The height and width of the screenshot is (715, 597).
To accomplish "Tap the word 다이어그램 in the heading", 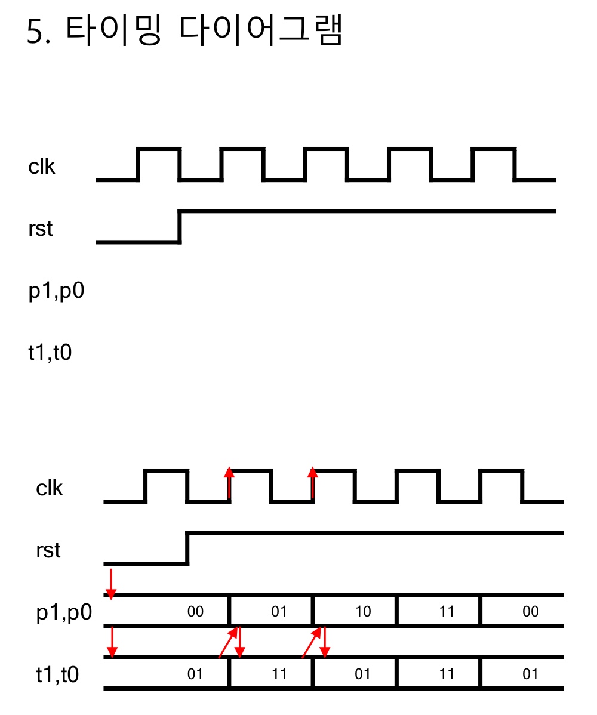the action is pyautogui.click(x=260, y=31).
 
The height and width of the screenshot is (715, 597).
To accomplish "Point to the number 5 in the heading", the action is pyautogui.click(x=36, y=32).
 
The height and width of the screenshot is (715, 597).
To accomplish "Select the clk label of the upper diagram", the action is pyautogui.click(x=42, y=167).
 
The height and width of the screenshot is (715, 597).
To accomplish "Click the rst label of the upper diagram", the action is pyautogui.click(x=40, y=228).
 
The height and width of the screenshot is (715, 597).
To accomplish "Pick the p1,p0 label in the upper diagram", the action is pyautogui.click(x=56, y=292).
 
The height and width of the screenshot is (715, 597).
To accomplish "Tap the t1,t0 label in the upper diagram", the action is pyautogui.click(x=50, y=353).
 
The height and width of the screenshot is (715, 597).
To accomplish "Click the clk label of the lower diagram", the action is pyautogui.click(x=50, y=488).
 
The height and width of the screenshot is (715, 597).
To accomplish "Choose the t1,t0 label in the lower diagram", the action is pyautogui.click(x=58, y=674).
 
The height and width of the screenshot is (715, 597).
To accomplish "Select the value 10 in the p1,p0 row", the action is pyautogui.click(x=362, y=612).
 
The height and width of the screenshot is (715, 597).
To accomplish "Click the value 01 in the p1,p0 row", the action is pyautogui.click(x=279, y=612).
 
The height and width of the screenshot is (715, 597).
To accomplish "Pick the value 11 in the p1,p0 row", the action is pyautogui.click(x=446, y=612).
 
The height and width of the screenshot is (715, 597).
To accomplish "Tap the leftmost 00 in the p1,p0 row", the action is pyautogui.click(x=195, y=612).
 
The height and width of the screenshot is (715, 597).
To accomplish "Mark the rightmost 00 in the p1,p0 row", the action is pyautogui.click(x=530, y=612).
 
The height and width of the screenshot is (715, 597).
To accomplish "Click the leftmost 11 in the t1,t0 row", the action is pyautogui.click(x=279, y=674).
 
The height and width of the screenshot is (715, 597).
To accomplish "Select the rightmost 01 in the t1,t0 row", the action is pyautogui.click(x=530, y=674).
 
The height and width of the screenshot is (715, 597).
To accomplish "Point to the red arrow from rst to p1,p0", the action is pyautogui.click(x=110, y=583).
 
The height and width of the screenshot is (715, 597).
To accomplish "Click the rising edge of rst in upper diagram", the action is pyautogui.click(x=180, y=226).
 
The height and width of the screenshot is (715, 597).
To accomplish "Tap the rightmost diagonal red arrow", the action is pyautogui.click(x=312, y=642).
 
